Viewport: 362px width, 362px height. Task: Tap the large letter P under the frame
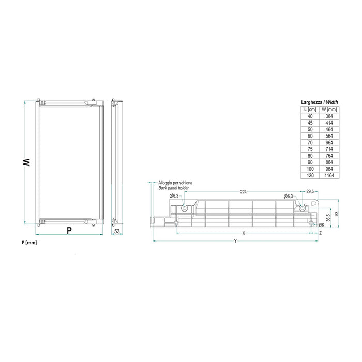69,231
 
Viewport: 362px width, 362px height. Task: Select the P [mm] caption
29,242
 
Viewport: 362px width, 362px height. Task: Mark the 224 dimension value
243,192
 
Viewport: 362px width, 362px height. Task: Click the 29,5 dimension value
310,192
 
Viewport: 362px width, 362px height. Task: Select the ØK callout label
322,224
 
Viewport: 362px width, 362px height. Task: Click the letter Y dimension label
235,240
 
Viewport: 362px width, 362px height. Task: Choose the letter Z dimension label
321,234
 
